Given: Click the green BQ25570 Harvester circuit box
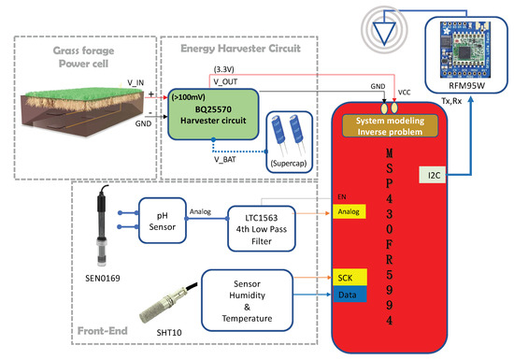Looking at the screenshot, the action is tap(213, 114).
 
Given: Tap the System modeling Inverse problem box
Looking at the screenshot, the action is tap(390, 126).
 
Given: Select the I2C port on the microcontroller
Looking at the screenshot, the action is tap(433, 175).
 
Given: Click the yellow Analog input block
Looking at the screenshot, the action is tap(350, 211).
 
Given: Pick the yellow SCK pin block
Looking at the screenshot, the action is tap(350, 277).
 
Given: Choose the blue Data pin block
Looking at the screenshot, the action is tap(350, 295).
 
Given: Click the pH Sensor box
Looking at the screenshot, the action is tap(163, 221).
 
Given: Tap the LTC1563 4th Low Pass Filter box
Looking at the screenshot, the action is tap(262, 229).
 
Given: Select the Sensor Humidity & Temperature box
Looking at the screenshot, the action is tap(247, 301).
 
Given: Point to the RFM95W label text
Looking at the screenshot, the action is tap(466, 86).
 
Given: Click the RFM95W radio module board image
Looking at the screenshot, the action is tap(465, 50).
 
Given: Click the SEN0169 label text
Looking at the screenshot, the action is tap(103, 279).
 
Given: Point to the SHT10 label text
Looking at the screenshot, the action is tap(169, 333).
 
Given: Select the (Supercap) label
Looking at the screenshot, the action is tap(289, 164).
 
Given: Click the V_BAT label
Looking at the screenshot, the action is tap(225, 160).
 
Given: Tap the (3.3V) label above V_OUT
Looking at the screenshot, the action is tap(224, 69).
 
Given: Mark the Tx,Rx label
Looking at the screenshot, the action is tap(451, 101).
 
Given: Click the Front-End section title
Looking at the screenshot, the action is tap(103, 331).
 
